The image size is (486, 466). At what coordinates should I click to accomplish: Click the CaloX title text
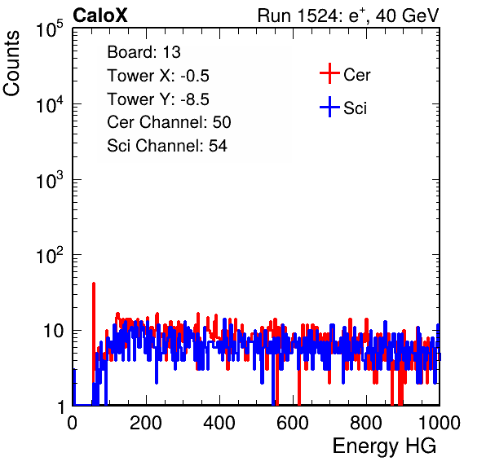click(100, 15)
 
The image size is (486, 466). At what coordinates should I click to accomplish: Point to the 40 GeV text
click(407, 15)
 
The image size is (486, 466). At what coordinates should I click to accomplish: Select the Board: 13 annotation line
click(144, 52)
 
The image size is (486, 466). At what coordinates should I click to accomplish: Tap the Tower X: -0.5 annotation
click(158, 76)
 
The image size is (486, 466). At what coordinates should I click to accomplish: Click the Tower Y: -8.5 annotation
click(158, 99)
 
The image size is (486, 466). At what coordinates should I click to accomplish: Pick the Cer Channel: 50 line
click(169, 122)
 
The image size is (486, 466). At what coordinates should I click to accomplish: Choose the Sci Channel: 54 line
click(167, 146)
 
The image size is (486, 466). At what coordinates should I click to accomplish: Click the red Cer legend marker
click(329, 73)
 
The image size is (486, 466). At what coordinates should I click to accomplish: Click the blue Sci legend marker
click(329, 108)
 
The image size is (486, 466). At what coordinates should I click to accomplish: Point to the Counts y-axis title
click(11, 64)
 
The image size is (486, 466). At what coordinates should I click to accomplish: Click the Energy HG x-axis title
click(384, 446)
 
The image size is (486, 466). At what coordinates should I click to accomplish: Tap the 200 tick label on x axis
click(146, 423)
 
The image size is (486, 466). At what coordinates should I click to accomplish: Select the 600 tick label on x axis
click(293, 423)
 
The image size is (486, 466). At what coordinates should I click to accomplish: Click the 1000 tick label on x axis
click(440, 423)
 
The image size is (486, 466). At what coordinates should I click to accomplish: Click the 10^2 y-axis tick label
click(50, 255)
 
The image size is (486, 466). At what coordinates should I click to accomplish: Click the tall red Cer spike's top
click(94, 284)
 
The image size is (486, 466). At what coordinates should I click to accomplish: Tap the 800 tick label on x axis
click(366, 423)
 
